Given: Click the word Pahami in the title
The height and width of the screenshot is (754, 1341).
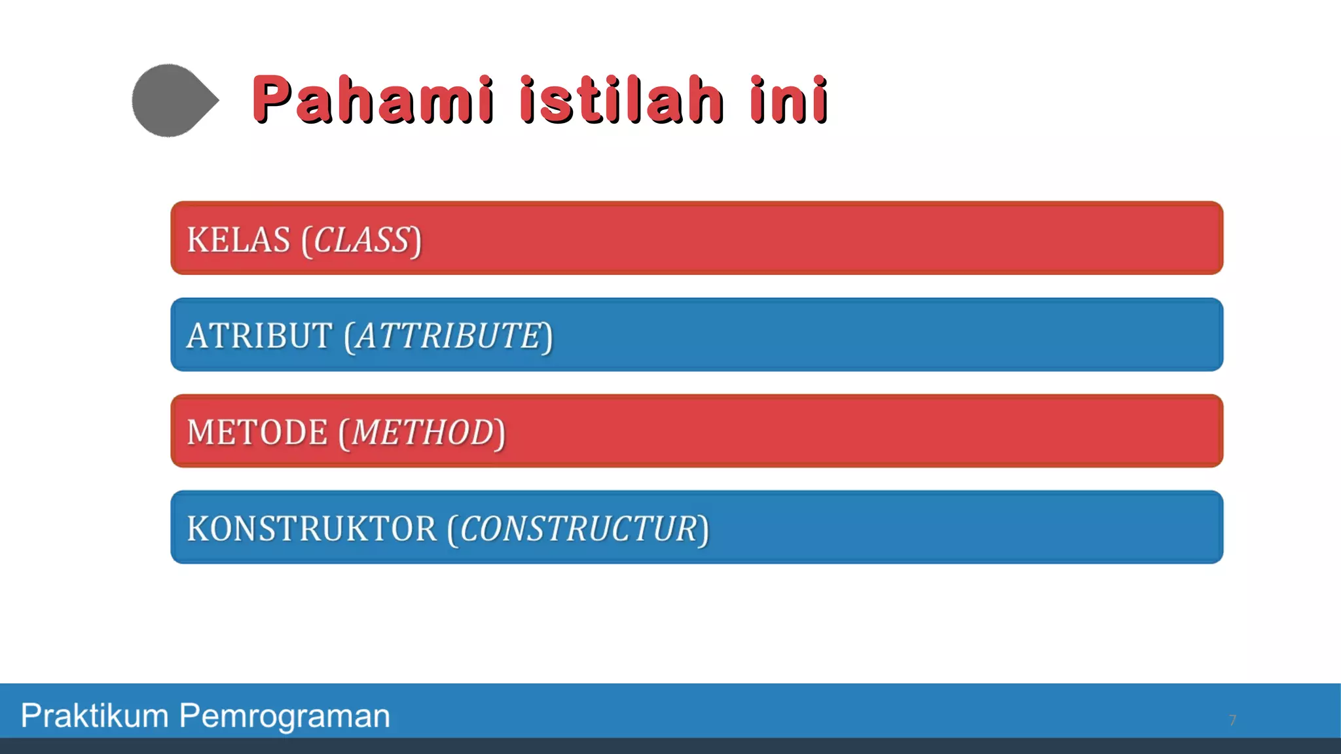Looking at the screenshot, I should point(373,99).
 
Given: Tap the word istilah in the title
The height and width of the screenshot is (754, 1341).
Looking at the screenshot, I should point(622,99).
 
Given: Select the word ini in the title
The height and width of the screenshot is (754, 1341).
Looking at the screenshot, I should point(789,99).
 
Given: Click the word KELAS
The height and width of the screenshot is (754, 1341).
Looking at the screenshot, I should point(238,240).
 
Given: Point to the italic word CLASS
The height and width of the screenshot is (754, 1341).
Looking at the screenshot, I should point(362,240).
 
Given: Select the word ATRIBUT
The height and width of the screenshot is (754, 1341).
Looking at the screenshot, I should point(259,336).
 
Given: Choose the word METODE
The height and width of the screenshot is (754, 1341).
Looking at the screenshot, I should point(257,433).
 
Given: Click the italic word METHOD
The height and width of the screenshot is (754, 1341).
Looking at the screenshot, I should point(422,433).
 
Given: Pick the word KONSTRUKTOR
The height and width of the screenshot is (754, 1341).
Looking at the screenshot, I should point(312,529).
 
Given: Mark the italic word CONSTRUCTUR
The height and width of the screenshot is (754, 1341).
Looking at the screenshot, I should point(578,529).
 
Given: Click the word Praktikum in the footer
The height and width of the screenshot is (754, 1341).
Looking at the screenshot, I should point(95,715).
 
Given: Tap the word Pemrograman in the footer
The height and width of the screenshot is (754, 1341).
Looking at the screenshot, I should point(284,715).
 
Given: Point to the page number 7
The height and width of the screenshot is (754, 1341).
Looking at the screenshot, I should point(1232,720).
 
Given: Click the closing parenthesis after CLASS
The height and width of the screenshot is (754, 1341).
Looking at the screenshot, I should point(416,241).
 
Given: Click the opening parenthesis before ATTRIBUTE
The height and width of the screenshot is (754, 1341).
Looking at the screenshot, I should point(349,337).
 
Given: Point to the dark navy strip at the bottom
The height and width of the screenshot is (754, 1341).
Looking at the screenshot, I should point(670,746).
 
